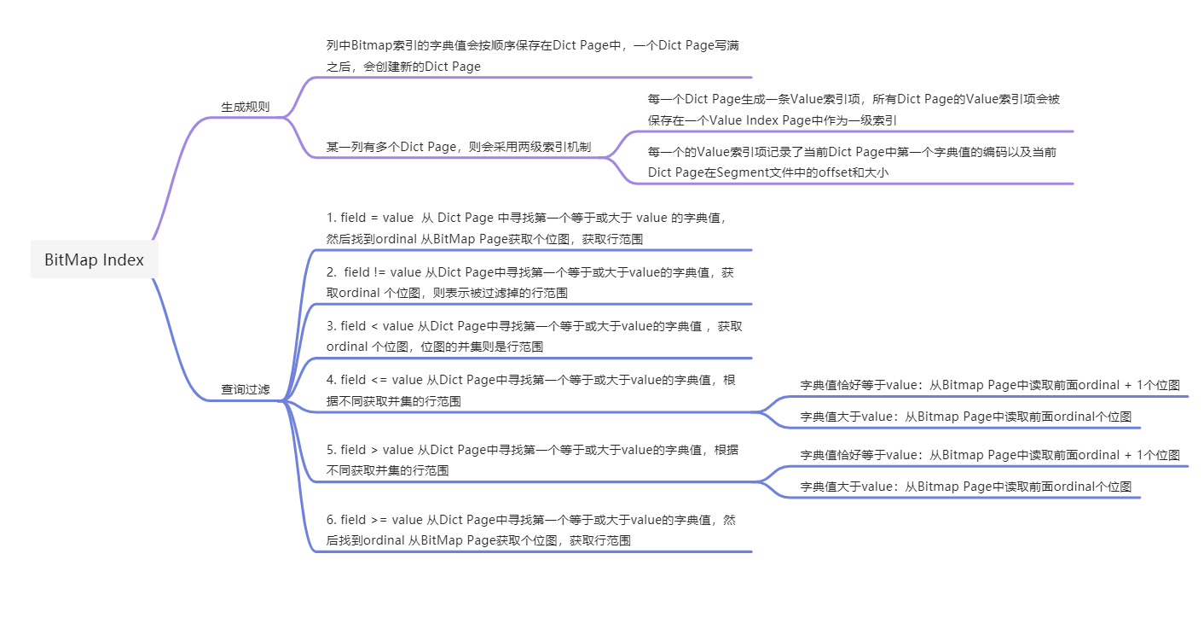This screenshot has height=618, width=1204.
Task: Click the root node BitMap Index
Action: click(94, 260)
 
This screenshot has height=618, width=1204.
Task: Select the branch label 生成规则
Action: click(246, 108)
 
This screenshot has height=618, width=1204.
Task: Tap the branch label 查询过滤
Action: click(246, 389)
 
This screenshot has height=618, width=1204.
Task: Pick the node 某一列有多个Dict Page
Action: click(459, 147)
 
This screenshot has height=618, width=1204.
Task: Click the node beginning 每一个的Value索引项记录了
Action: click(853, 162)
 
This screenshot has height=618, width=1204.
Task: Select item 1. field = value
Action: click(526, 228)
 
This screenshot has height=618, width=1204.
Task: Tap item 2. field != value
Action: click(529, 283)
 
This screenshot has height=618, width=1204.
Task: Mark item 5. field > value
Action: click(532, 460)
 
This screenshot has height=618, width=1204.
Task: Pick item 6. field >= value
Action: click(530, 529)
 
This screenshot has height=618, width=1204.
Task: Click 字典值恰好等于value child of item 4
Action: click(990, 385)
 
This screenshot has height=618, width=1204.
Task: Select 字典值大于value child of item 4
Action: click(965, 417)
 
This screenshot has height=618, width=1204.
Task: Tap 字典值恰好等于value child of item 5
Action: click(990, 455)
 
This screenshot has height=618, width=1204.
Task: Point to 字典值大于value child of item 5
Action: click(965, 487)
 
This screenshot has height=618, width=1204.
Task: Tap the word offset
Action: click(834, 172)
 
